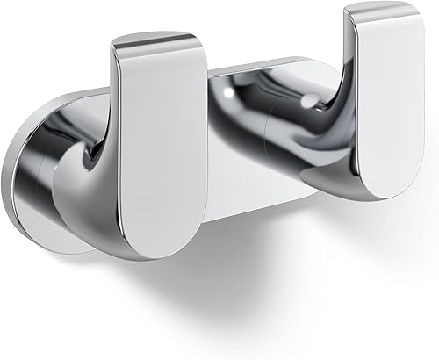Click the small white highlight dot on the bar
click(230, 89)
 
